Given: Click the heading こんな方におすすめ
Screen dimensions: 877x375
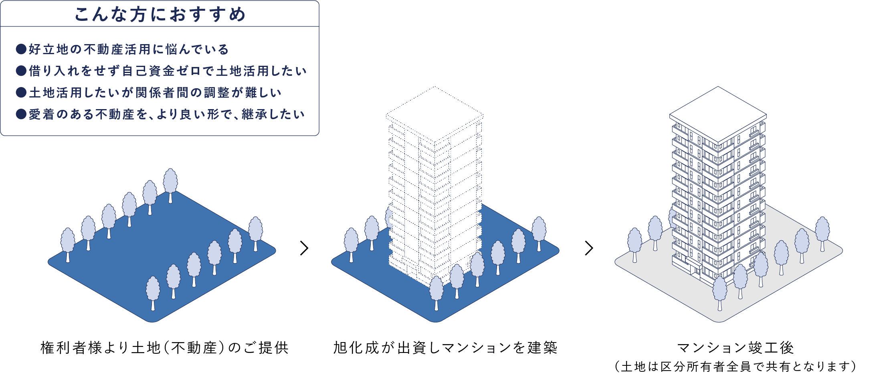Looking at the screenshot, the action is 160,14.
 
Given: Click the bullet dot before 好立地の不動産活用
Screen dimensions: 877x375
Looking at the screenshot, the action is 21,49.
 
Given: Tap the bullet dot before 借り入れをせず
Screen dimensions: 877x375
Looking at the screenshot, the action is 21,71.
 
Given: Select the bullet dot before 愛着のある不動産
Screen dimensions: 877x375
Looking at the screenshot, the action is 21,114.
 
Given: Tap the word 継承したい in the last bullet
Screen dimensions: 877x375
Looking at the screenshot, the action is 273,114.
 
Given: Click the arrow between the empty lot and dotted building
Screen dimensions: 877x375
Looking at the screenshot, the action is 304,248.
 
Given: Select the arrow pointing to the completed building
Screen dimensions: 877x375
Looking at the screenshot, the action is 589,248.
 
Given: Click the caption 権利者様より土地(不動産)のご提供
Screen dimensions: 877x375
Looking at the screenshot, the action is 165,348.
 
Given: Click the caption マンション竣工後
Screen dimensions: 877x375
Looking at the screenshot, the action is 736,348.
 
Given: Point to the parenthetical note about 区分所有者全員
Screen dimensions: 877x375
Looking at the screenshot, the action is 736,367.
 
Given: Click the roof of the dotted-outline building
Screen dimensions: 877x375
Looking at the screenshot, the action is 434,114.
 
